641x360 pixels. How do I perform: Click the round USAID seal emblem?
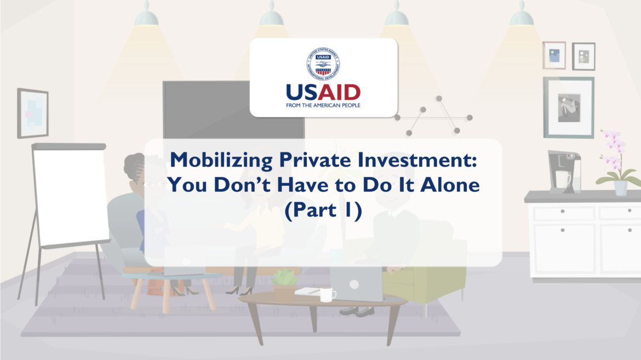[323, 64]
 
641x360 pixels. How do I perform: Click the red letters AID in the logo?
[339, 93]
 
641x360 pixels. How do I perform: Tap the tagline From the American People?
[323, 105]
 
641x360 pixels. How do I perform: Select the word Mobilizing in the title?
[221, 160]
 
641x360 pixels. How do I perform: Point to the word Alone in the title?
[450, 185]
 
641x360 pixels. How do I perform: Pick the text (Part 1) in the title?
[323, 210]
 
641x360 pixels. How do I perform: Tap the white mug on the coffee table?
[327, 295]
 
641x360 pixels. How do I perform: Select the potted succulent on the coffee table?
[284, 285]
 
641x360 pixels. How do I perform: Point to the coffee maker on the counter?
[564, 172]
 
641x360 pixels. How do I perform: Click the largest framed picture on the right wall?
[569, 107]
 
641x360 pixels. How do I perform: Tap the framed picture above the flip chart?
[33, 113]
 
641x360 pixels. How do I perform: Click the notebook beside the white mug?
[308, 292]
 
